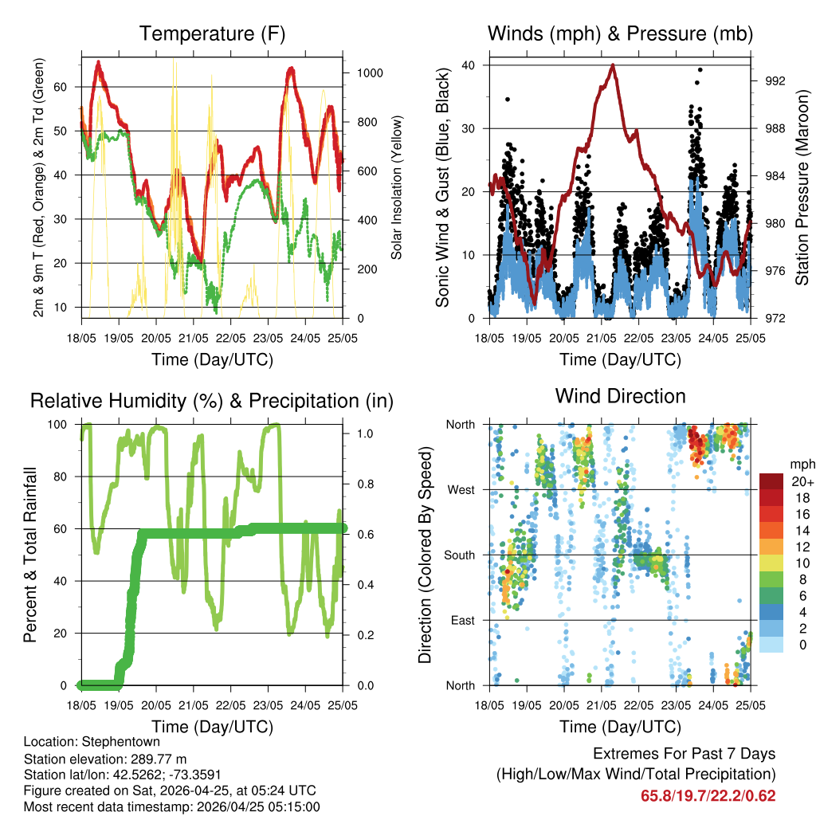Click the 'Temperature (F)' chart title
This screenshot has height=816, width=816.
(x=212, y=34)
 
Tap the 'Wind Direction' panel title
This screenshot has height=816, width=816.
(x=620, y=396)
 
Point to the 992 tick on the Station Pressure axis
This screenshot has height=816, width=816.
(x=775, y=81)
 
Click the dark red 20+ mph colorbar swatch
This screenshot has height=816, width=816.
(x=771, y=481)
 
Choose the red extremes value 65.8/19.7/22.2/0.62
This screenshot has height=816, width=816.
(x=708, y=795)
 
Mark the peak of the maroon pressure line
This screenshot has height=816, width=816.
(x=613, y=65)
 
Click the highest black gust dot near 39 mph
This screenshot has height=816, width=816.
(x=699, y=70)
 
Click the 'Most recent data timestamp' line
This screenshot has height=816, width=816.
(x=172, y=807)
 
